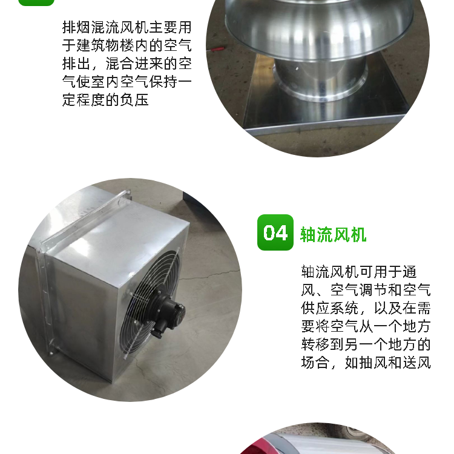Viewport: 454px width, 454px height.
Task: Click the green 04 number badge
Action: tap(275, 232)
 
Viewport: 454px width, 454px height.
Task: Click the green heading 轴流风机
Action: tap(334, 234)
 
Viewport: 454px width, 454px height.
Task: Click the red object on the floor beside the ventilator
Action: tap(215, 50)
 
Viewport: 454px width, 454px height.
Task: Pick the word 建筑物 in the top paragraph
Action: tap(99, 46)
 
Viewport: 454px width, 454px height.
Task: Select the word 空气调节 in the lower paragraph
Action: tap(359, 290)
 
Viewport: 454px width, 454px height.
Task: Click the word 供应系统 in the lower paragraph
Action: tap(330, 308)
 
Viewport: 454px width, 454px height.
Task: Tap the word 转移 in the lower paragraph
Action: tap(315, 344)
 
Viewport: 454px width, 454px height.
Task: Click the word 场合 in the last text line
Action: tap(315, 363)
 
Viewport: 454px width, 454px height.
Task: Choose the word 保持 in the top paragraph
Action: tap(163, 82)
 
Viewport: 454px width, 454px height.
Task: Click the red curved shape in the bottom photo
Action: tap(252, 446)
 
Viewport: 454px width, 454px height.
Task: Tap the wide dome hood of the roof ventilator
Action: tap(318, 29)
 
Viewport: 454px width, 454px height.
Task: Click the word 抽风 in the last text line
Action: tap(373, 363)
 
